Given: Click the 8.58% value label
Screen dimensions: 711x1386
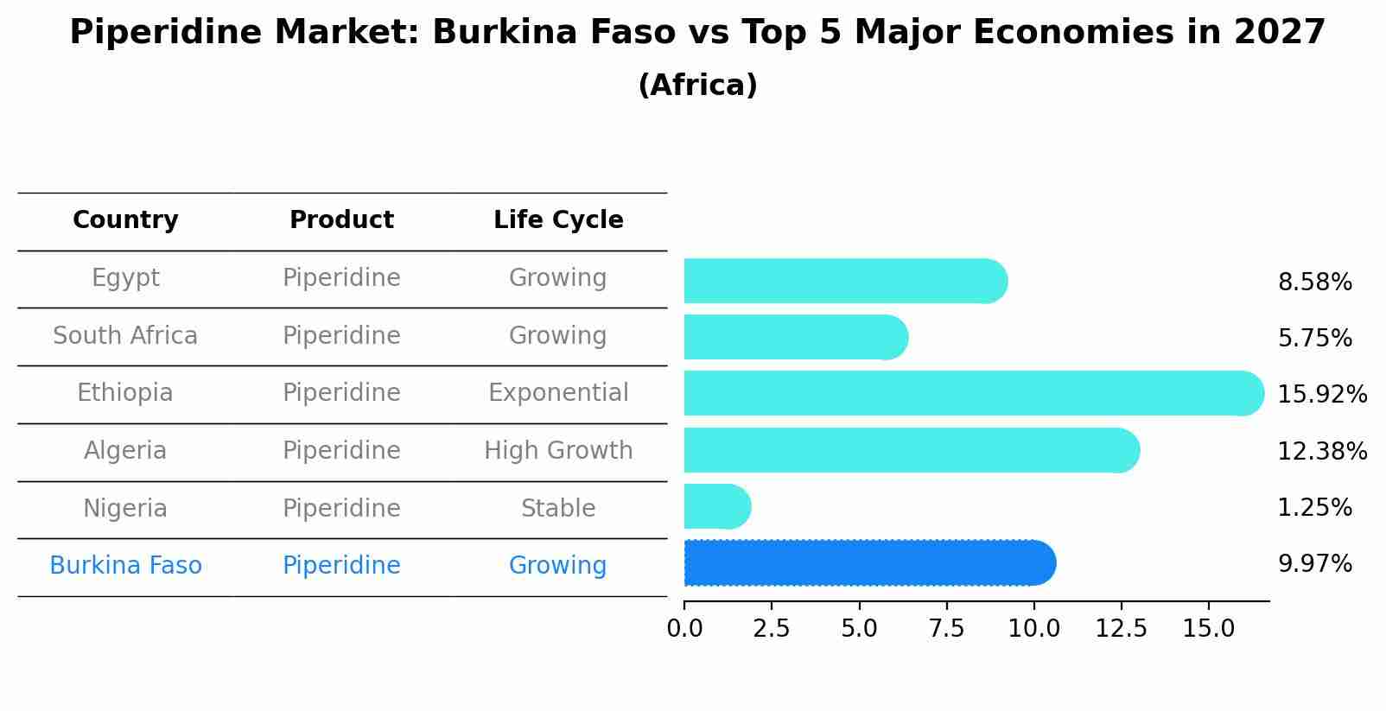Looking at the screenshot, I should (x=1314, y=282).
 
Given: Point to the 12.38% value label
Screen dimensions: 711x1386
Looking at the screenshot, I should (x=1322, y=451).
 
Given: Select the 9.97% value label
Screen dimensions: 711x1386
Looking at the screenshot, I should (x=1314, y=564).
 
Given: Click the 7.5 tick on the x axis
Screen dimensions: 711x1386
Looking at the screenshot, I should (x=946, y=628).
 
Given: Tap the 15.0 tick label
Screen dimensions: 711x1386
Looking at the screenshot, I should (x=1208, y=628).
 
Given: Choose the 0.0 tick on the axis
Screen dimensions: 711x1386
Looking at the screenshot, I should (x=684, y=628).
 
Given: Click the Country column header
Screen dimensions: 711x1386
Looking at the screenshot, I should (x=125, y=220).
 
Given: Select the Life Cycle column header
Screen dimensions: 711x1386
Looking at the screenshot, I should (x=558, y=220).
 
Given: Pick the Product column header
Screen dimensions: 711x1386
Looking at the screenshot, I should (x=341, y=220).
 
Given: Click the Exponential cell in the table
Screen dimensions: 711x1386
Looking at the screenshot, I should (x=558, y=393).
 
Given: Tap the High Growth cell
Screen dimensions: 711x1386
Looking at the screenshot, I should (x=558, y=451).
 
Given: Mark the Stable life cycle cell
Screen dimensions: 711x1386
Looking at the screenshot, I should (x=558, y=508).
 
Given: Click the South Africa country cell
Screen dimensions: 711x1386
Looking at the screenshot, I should (x=125, y=335).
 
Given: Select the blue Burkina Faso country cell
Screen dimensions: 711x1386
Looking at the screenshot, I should (x=125, y=566).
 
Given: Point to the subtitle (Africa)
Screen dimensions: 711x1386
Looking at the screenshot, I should (x=697, y=86).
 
